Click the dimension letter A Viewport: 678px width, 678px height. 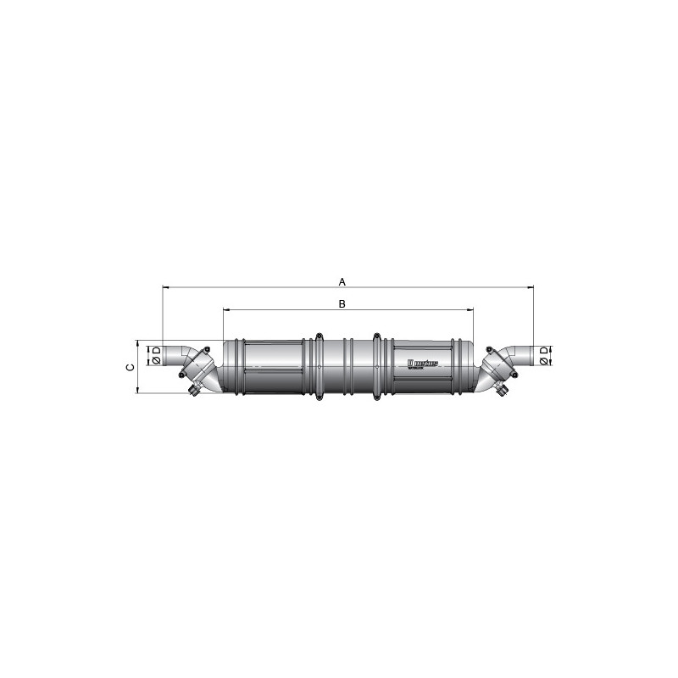coord(342,281)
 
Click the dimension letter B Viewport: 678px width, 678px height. coord(342,303)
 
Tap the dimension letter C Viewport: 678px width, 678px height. coord(128,367)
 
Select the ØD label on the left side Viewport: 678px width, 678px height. coord(156,355)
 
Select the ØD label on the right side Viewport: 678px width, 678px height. coord(544,355)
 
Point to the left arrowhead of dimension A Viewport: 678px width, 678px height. coord(164,287)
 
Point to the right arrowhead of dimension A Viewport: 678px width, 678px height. coord(531,287)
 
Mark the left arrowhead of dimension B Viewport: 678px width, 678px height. coord(225,310)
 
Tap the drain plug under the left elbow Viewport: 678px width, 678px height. coord(196,391)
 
